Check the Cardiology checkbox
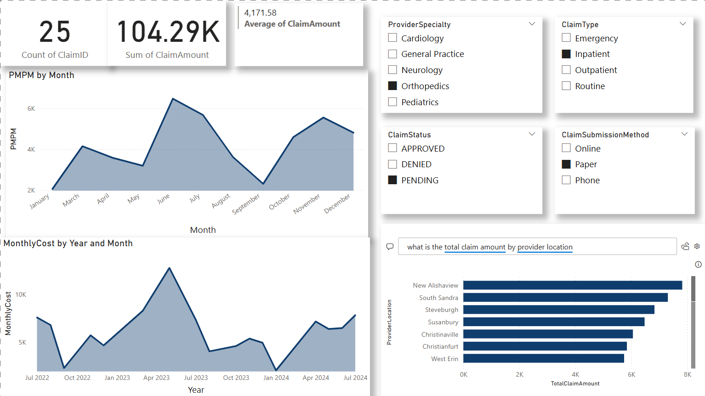392,38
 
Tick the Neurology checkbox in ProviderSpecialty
392,70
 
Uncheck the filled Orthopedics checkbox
392,86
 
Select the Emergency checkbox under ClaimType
566,38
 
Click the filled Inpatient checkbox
566,54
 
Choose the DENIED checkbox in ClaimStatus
392,164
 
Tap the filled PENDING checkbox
392,180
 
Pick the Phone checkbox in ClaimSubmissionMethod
566,180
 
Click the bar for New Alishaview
572,285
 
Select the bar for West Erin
543,358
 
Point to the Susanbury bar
553,322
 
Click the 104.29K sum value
168,32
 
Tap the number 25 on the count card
55,32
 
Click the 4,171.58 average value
260,13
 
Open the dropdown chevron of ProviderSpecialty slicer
532,24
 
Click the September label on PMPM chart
246,204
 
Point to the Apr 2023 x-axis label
156,378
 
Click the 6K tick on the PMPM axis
31,109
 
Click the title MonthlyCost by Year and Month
68,243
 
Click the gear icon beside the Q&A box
697,246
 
